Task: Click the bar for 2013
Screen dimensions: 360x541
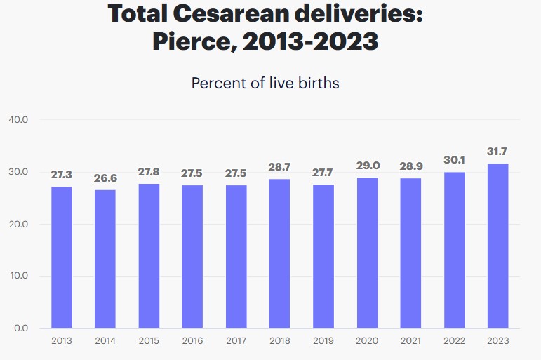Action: coord(62,257)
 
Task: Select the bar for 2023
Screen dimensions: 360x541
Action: coord(497,246)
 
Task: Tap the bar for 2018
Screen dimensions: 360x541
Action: coord(279,253)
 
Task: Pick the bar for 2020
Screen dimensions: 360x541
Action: coord(367,253)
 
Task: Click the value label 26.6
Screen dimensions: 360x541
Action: coord(105,178)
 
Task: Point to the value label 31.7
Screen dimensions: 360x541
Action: coord(497,152)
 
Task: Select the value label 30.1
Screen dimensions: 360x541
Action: coord(454,160)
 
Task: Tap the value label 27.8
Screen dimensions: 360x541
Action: coord(149,172)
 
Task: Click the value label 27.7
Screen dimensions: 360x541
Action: coord(323,173)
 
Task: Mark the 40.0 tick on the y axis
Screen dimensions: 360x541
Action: coord(18,120)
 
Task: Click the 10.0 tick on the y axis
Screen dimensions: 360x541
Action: coord(18,276)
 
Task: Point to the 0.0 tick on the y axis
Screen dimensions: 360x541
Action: coord(20,328)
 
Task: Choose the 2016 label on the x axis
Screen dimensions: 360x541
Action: coord(192,341)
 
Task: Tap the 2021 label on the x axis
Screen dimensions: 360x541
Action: coord(410,341)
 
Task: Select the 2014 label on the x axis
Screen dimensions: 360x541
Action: coord(105,341)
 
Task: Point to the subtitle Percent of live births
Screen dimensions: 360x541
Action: coord(265,83)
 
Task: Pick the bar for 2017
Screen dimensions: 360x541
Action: coord(236,256)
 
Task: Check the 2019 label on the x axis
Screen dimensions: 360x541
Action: coord(323,341)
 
